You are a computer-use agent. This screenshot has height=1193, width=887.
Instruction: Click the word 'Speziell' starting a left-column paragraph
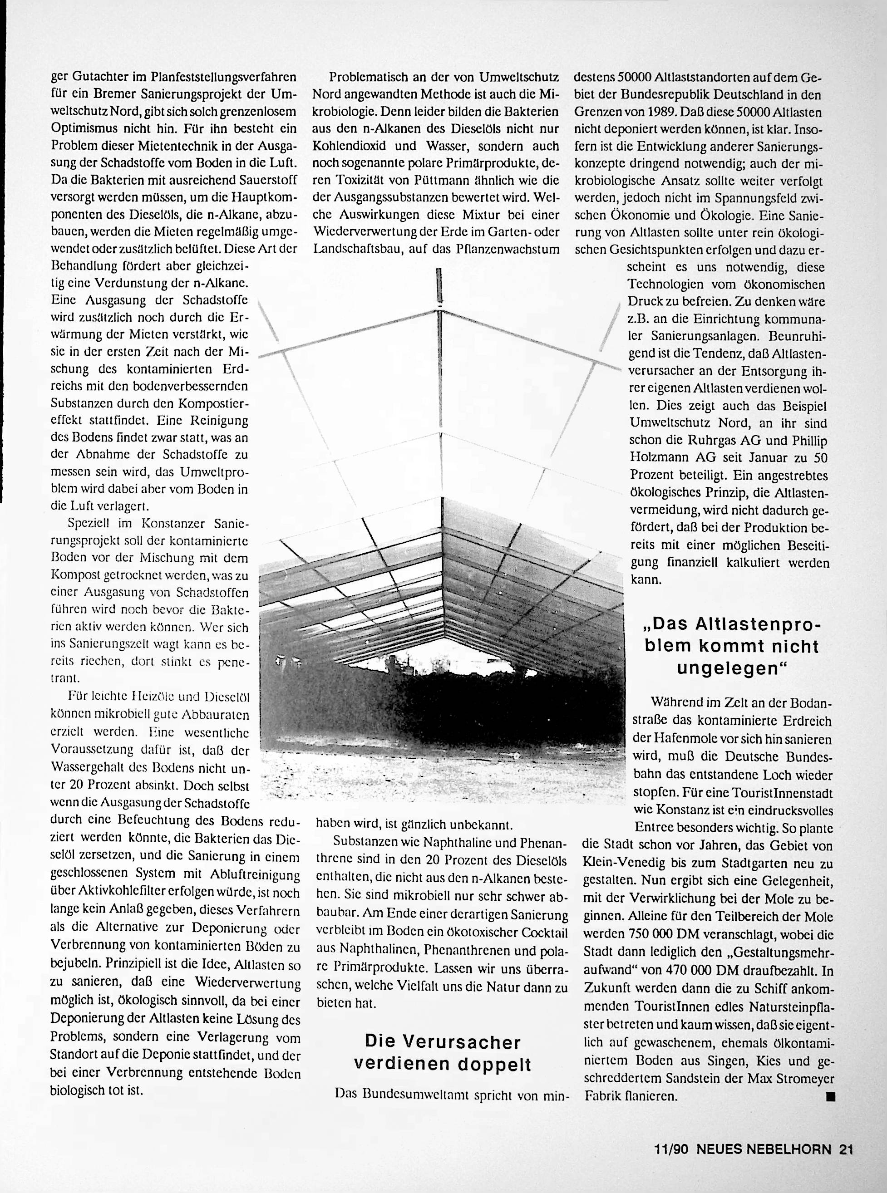pos(88,522)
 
